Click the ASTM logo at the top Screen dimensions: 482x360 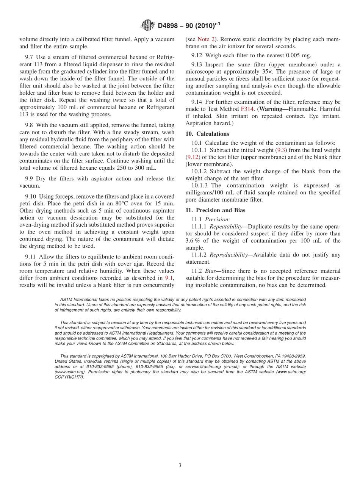[148, 25]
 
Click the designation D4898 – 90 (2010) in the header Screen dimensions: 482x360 [188, 25]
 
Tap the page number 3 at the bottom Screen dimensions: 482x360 [180, 465]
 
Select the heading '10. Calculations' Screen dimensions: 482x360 [207, 134]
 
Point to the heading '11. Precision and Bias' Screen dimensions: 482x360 [215, 210]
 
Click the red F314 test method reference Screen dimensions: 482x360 [247, 109]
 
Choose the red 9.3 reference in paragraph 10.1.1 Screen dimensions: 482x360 [282, 150]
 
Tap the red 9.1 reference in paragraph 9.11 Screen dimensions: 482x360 [169, 278]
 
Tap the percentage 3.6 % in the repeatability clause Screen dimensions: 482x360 [192, 241]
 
